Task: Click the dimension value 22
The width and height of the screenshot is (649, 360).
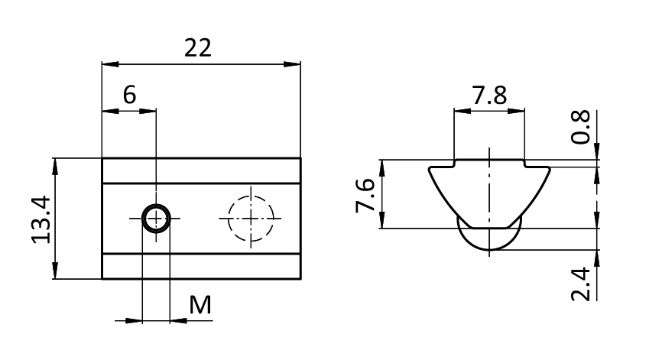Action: click(x=198, y=47)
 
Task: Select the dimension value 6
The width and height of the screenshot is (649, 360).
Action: click(x=129, y=95)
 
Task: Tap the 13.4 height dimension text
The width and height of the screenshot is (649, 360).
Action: click(x=41, y=219)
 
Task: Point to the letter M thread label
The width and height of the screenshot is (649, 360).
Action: click(x=200, y=306)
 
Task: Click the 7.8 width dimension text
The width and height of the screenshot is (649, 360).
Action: click(x=489, y=96)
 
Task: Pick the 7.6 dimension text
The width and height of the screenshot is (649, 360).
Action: click(x=365, y=196)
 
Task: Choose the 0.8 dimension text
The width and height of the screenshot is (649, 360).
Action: click(x=581, y=127)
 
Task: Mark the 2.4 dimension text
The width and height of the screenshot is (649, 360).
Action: click(x=581, y=284)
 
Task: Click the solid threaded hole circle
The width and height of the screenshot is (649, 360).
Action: click(x=156, y=218)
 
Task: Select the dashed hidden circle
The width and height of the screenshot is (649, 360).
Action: click(x=251, y=196)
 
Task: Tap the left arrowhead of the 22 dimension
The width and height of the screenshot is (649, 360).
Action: click(x=110, y=64)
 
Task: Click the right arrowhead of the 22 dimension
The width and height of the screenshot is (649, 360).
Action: click(x=292, y=64)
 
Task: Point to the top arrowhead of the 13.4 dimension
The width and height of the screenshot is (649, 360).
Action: click(x=55, y=167)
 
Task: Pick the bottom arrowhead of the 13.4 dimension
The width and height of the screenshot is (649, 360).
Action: click(x=55, y=271)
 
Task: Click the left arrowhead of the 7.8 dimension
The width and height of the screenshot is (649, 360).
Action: click(x=462, y=111)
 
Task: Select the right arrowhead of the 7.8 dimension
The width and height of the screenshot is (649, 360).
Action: click(x=516, y=111)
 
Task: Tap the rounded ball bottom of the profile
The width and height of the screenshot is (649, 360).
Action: click(x=489, y=250)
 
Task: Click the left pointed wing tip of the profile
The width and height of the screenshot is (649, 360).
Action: click(x=429, y=168)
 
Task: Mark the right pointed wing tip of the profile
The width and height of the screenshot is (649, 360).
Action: click(x=550, y=168)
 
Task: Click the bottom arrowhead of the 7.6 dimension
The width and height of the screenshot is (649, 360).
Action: click(x=382, y=219)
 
